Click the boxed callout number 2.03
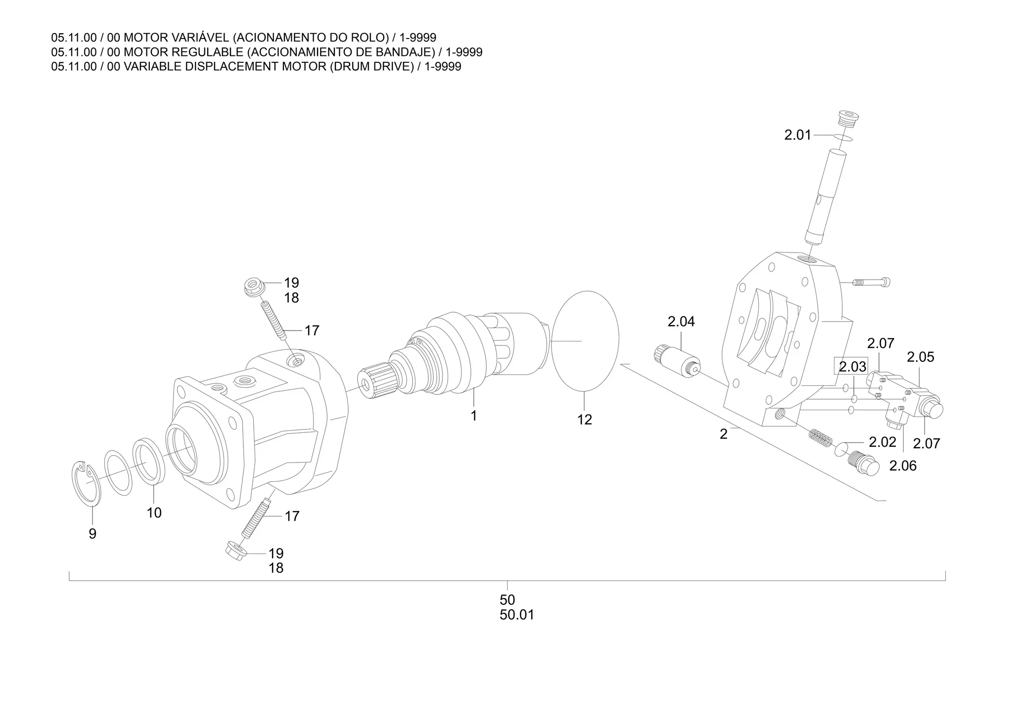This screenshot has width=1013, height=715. (x=852, y=367)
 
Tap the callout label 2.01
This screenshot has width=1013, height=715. (x=797, y=135)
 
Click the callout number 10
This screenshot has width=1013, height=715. (x=154, y=513)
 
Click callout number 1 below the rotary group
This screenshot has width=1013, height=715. (x=473, y=416)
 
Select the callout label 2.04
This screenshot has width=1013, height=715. (x=681, y=322)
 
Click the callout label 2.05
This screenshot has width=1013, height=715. (x=920, y=357)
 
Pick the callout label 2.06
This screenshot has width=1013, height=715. (x=903, y=465)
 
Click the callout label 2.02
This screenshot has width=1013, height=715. (x=882, y=442)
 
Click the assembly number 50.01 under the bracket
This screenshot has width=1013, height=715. (x=517, y=615)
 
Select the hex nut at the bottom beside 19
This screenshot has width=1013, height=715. (x=236, y=551)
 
